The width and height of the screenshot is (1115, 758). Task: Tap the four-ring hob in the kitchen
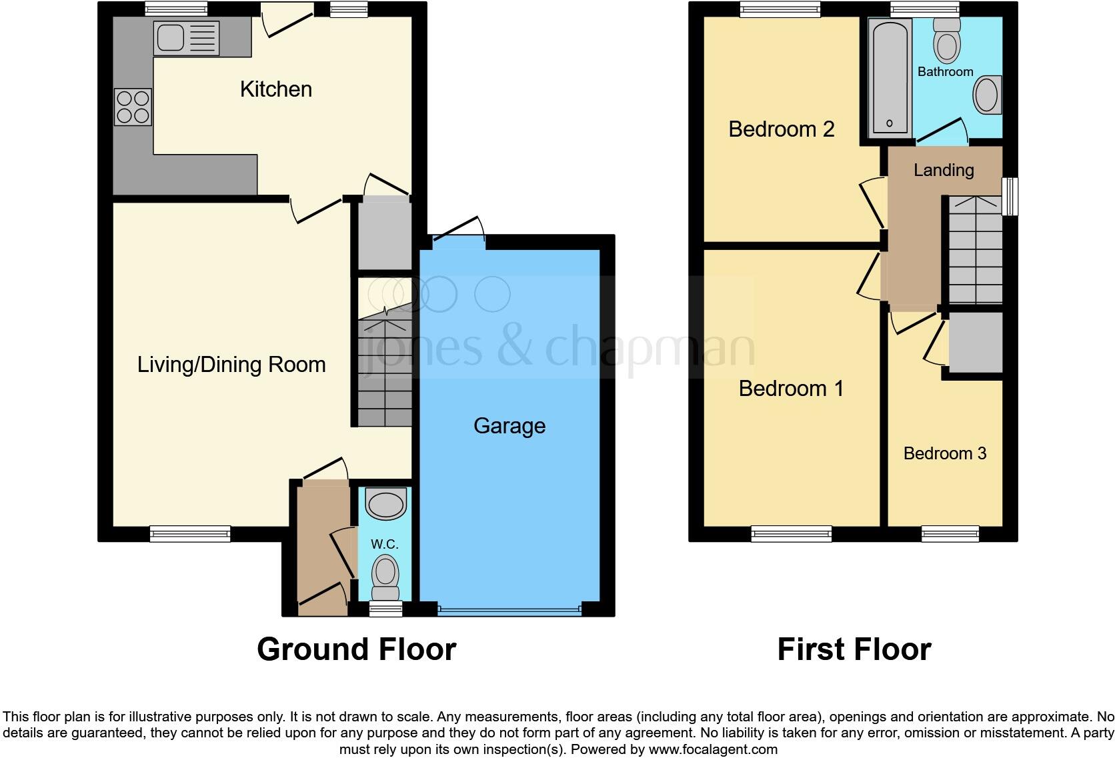pyautogui.click(x=133, y=107)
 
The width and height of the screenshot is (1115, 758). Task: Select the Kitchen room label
pyautogui.click(x=275, y=89)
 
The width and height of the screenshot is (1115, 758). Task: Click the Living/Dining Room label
pyautogui.click(x=231, y=365)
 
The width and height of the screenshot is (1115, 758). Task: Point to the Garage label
pyautogui.click(x=509, y=426)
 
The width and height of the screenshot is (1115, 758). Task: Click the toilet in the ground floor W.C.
pyautogui.click(x=385, y=577)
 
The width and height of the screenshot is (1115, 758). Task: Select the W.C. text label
pyautogui.click(x=385, y=545)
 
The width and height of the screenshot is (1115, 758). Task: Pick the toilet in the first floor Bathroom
pyautogui.click(x=946, y=40)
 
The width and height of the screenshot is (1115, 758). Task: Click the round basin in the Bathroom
pyautogui.click(x=987, y=95)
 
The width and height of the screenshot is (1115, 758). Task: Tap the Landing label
pyautogui.click(x=943, y=171)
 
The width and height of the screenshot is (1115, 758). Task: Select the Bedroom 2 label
pyautogui.click(x=781, y=129)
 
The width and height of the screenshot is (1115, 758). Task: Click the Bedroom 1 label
pyautogui.click(x=791, y=389)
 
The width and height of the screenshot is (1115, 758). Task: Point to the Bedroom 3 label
pyautogui.click(x=944, y=454)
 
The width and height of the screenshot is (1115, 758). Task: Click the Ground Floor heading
pyautogui.click(x=356, y=649)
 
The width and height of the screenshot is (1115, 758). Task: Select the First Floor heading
pyautogui.click(x=854, y=649)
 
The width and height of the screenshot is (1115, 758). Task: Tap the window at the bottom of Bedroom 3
pyautogui.click(x=950, y=533)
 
